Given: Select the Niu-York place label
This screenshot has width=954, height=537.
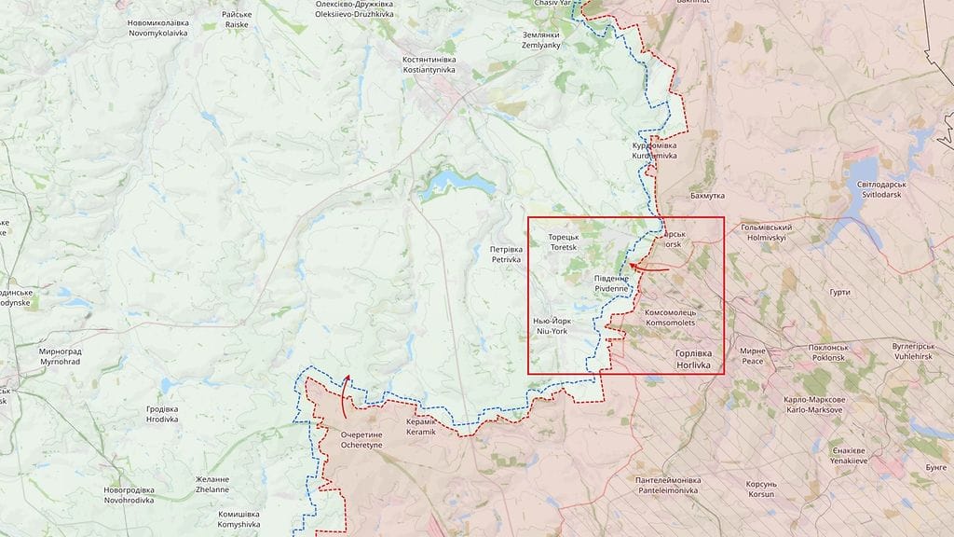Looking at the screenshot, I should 551,325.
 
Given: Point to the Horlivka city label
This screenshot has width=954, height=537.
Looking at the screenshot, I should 693,360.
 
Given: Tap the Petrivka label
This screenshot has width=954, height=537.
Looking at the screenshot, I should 506,255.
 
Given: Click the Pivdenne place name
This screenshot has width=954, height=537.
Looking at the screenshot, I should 611,283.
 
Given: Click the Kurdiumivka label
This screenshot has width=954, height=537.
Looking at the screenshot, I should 654,150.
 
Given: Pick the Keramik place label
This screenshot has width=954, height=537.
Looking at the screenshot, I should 421,427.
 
